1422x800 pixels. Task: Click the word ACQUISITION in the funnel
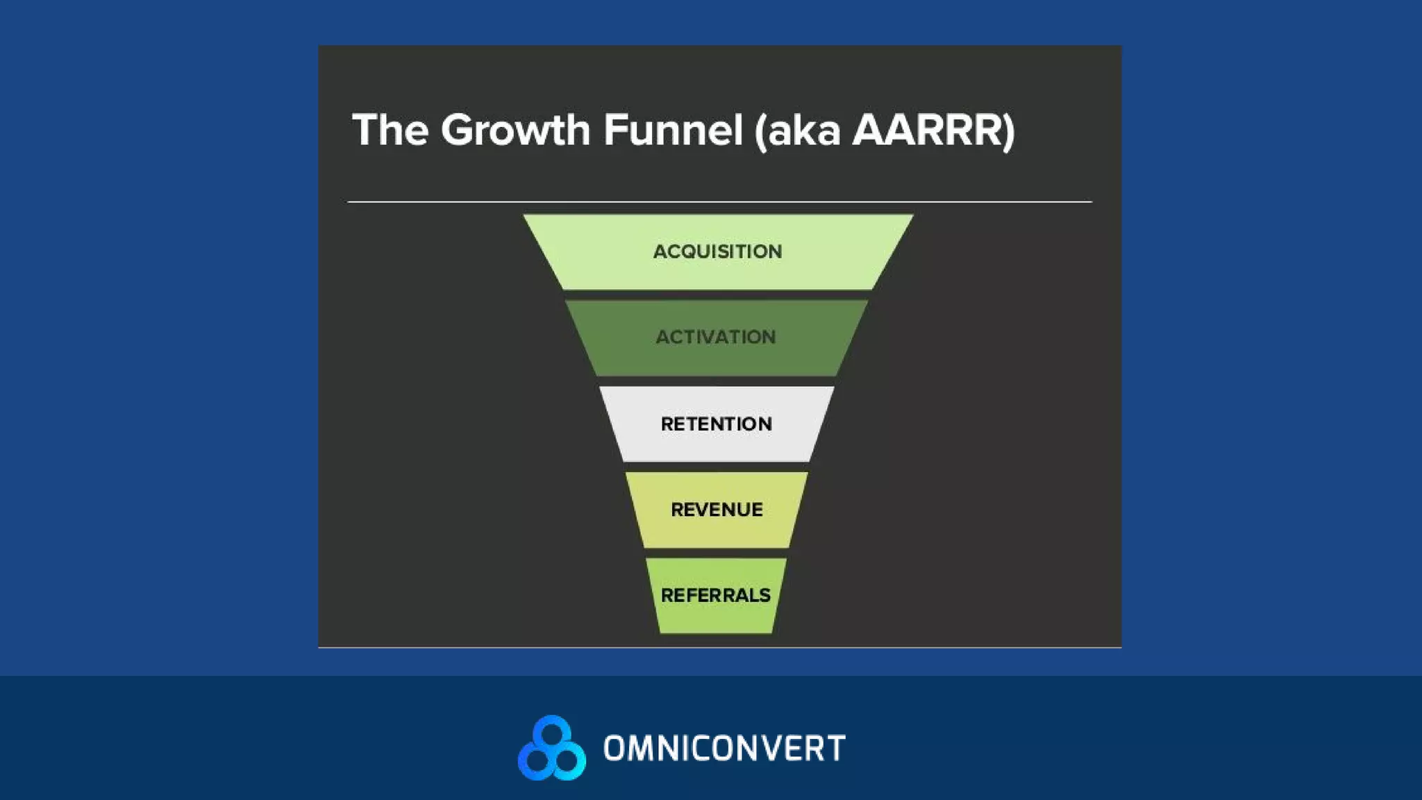coord(717,251)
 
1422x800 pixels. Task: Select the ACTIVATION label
coord(716,337)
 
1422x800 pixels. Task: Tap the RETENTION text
coord(716,424)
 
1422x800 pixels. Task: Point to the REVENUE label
coord(717,510)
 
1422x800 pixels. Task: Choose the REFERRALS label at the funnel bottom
coord(715,595)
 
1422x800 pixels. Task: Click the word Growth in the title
coord(515,130)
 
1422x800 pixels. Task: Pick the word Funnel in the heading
coord(673,130)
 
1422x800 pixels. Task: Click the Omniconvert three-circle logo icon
coord(552,748)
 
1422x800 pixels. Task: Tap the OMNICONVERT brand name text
coord(724,749)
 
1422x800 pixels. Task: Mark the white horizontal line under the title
coord(719,202)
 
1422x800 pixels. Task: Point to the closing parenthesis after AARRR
coord(1008,131)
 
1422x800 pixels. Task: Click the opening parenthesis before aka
coord(761,131)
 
